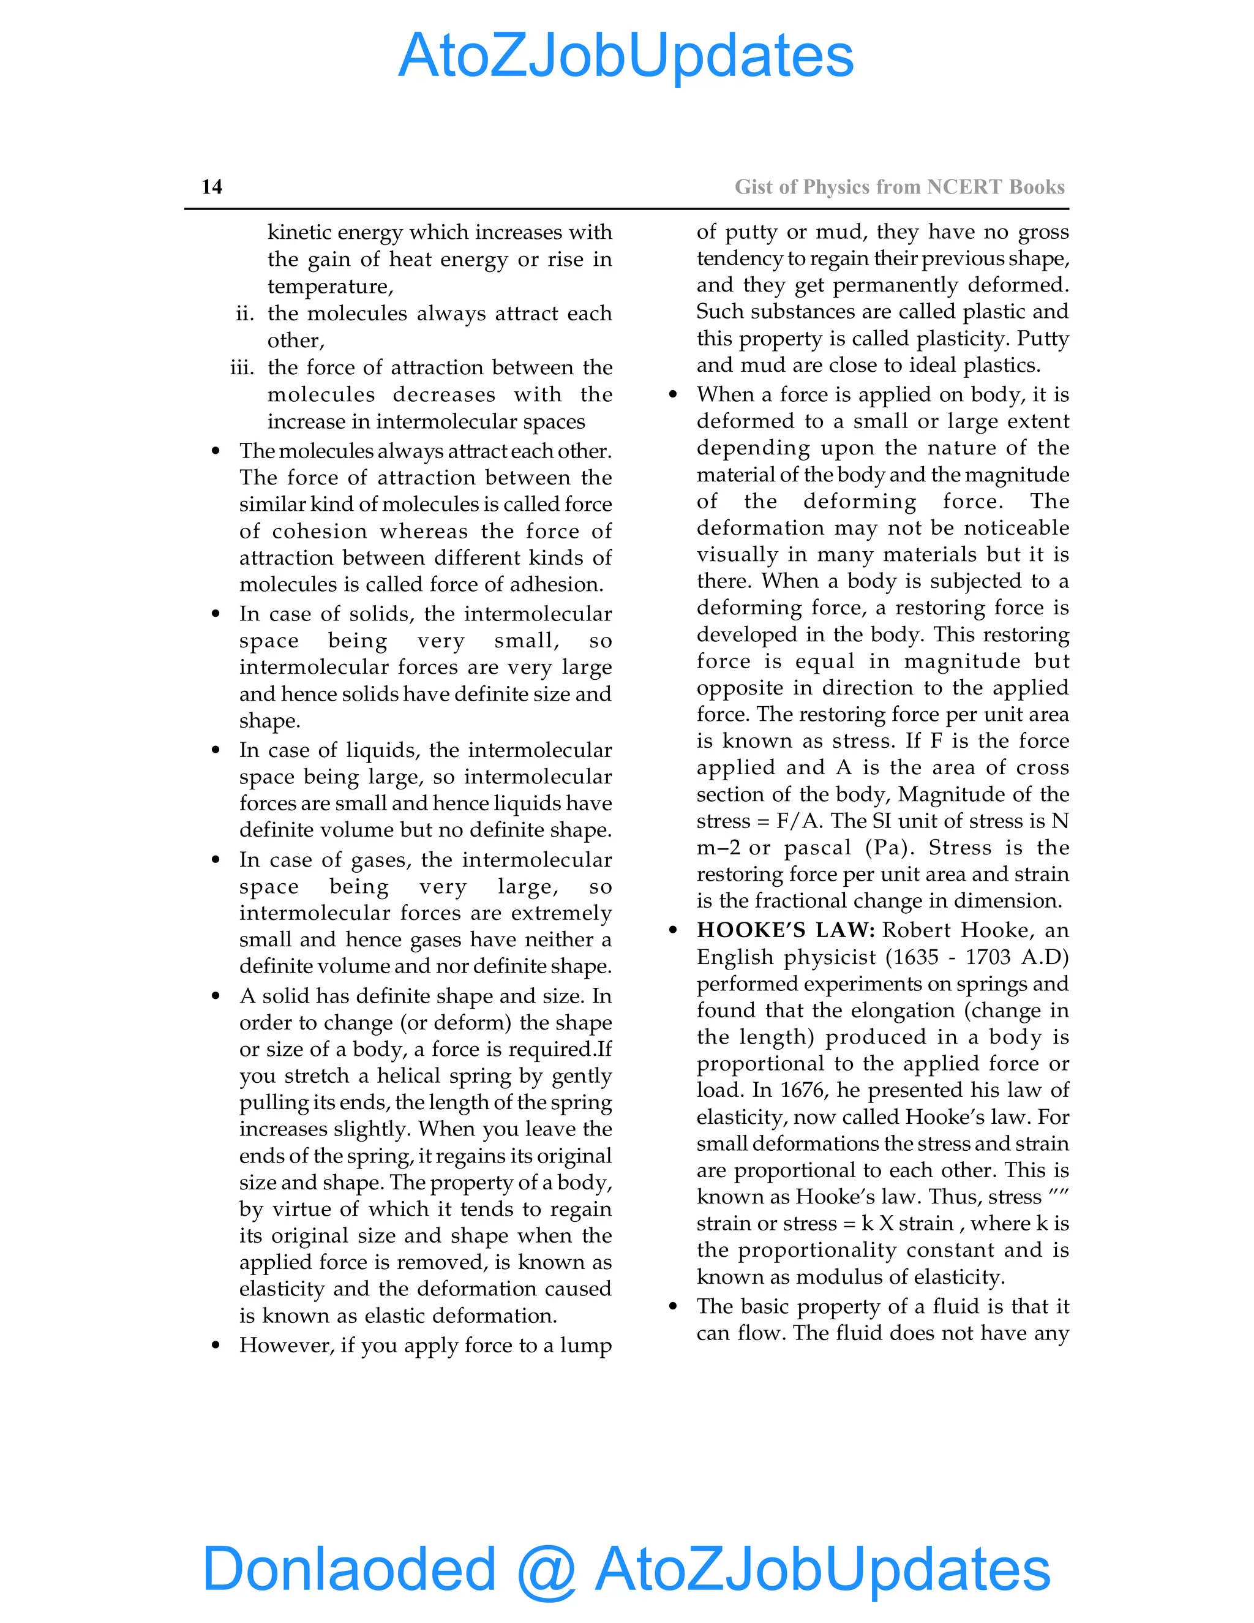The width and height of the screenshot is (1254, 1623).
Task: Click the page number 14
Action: point(212,187)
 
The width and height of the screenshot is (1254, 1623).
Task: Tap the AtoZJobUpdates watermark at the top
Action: point(626,56)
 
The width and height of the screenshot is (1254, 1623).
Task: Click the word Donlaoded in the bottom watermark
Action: point(349,1568)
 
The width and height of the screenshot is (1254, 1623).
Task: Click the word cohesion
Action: point(320,532)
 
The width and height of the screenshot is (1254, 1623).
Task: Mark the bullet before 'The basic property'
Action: point(673,1306)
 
